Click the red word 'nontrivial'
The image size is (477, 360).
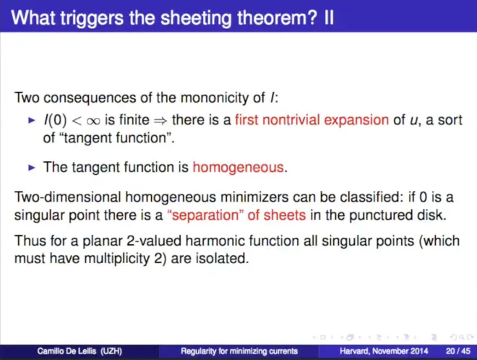click(x=291, y=120)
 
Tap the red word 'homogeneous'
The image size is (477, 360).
click(x=239, y=168)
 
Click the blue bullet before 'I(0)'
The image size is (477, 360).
click(x=32, y=121)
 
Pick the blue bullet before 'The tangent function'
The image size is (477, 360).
click(x=32, y=168)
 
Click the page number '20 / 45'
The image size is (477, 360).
click(x=457, y=351)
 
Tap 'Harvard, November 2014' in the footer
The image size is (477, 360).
click(x=384, y=351)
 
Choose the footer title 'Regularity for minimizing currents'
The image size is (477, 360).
click(x=239, y=351)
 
